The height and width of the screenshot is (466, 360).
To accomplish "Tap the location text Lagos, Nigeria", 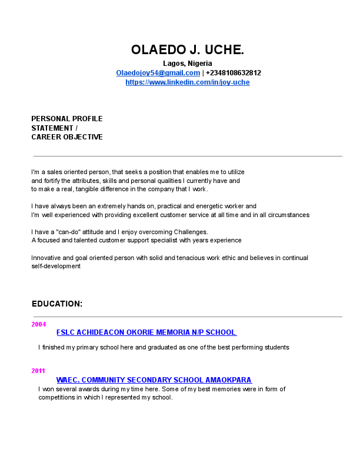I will [x=187, y=64].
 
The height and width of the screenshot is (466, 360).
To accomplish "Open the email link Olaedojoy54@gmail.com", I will [x=158, y=73].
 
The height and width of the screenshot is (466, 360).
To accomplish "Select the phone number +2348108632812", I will [x=234, y=73].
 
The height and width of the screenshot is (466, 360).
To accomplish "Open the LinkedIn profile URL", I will [x=187, y=82].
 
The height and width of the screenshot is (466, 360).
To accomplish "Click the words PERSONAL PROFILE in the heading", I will [x=66, y=119].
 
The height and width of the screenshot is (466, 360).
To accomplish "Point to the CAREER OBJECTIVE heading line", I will [x=66, y=137].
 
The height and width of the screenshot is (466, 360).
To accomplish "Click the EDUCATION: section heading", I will [x=56, y=304].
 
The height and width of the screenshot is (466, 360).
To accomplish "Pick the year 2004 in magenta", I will [x=38, y=324].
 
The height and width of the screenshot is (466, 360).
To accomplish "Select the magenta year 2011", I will [x=38, y=371].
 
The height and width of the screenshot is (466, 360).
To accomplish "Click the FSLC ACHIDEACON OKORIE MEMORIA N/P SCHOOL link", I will [x=146, y=332].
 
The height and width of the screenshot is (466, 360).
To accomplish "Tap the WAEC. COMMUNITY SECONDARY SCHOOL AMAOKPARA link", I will [x=154, y=380].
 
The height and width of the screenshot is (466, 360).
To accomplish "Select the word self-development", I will [x=55, y=266].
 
